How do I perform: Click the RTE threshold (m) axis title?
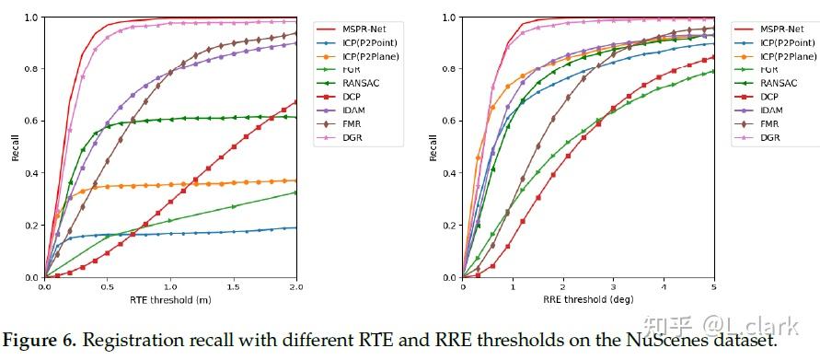coord(170,299)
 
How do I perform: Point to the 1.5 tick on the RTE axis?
coord(234,286)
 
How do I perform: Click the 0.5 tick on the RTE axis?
coord(108,286)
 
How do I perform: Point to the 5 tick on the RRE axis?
coord(714,286)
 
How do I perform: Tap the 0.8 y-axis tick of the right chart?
coord(451,69)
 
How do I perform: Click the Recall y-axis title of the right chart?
coord(433,147)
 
